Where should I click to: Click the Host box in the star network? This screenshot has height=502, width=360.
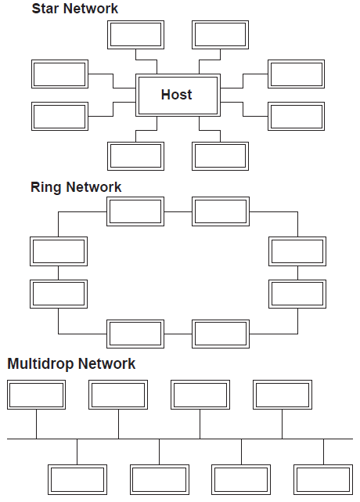(178, 95)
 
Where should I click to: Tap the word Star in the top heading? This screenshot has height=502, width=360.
(45, 9)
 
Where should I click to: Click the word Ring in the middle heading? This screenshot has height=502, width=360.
(45, 187)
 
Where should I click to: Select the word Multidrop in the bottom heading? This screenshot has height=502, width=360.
(41, 363)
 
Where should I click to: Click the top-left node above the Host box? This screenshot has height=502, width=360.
(135, 35)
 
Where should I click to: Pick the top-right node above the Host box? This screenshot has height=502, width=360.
(220, 35)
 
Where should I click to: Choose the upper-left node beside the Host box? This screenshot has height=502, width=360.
(59, 74)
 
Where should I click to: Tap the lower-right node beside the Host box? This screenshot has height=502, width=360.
(296, 116)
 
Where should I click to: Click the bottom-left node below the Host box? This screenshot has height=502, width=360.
(135, 156)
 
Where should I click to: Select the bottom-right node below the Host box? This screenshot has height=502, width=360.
(220, 156)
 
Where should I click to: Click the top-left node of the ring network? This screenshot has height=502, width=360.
(135, 211)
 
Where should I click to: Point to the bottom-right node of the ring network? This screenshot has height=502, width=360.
(221, 334)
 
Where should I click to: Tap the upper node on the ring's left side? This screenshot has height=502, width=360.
(59, 251)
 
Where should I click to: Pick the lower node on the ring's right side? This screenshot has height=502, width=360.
(297, 294)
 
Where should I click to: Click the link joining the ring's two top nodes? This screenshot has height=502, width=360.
(178, 211)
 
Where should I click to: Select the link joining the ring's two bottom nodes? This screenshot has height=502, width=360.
(178, 334)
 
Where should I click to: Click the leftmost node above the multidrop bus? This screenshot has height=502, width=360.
(37, 395)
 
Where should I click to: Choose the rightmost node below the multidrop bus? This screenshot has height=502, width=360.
(323, 479)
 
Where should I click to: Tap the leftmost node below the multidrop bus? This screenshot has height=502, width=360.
(77, 479)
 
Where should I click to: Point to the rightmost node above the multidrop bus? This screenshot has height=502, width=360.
(283, 395)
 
